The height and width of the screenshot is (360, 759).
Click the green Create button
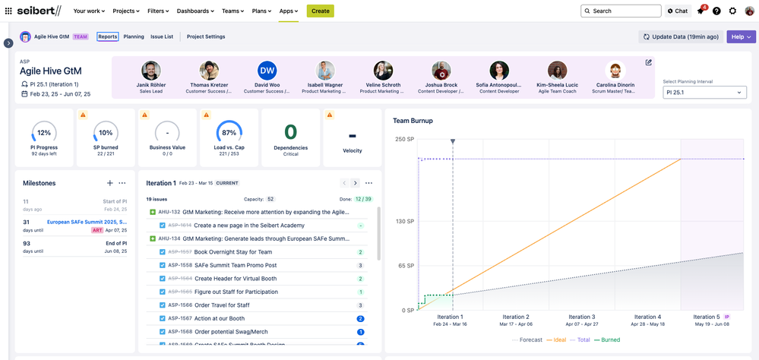pyautogui.click(x=320, y=11)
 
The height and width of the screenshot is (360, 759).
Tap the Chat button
pyautogui.click(x=677, y=11)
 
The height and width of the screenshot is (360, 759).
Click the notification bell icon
pyautogui.click(x=700, y=11)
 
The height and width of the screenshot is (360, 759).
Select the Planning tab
pyautogui.click(x=134, y=36)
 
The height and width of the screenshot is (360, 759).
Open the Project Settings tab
pyautogui.click(x=206, y=36)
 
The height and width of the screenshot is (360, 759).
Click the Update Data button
pyautogui.click(x=681, y=36)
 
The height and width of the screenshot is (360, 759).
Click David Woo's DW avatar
pyautogui.click(x=267, y=71)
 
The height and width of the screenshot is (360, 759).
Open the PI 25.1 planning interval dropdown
pyautogui.click(x=704, y=93)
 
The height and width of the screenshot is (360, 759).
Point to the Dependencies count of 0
pyautogui.click(x=290, y=132)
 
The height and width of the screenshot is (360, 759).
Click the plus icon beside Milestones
pyautogui.click(x=110, y=183)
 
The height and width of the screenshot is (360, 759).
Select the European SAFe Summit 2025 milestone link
pyautogui.click(x=87, y=222)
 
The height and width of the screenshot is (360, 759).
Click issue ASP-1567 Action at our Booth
pyautogui.click(x=219, y=318)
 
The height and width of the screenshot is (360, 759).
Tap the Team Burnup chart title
pyautogui.click(x=413, y=121)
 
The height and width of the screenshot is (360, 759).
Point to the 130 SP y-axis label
pyautogui.click(x=404, y=222)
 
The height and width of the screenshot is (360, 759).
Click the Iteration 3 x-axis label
pyautogui.click(x=580, y=317)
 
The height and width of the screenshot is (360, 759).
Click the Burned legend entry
pyautogui.click(x=610, y=339)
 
